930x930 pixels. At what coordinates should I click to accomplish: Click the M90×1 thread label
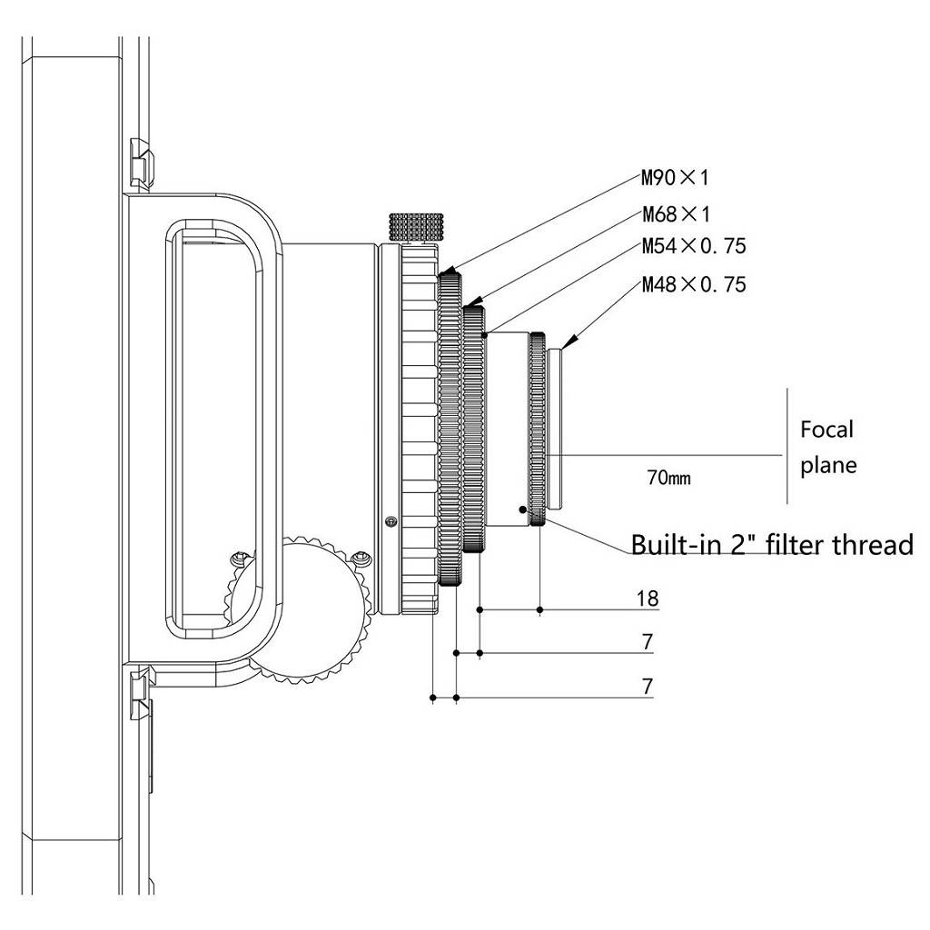[675, 177]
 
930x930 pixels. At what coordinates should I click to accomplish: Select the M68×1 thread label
[676, 214]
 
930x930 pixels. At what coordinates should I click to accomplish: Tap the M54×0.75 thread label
[694, 246]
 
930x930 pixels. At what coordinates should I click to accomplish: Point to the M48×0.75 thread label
[694, 284]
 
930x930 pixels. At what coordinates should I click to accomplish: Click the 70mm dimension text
[669, 478]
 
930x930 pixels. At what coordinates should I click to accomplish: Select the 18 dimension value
[648, 599]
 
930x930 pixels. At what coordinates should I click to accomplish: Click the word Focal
[826, 430]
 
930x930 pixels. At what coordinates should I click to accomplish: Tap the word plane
[828, 466]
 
